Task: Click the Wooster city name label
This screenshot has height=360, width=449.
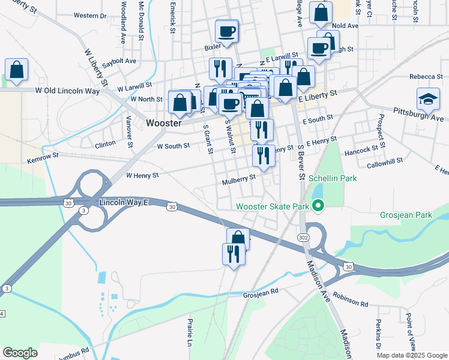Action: coord(164,122)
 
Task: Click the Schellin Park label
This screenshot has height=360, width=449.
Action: coord(333,178)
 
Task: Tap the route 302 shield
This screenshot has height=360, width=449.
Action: coord(304,238)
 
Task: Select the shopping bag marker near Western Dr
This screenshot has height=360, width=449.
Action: coord(17,70)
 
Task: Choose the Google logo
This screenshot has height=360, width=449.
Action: coord(20,353)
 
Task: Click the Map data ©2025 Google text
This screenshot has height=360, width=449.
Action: coord(411,355)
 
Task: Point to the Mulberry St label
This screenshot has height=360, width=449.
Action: coord(239,179)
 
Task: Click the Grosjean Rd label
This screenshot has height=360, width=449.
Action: coord(261,292)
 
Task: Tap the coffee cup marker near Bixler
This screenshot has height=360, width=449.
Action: coord(226,31)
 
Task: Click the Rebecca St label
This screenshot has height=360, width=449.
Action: coord(426,76)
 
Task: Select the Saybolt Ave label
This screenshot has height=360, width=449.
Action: coord(119,61)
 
